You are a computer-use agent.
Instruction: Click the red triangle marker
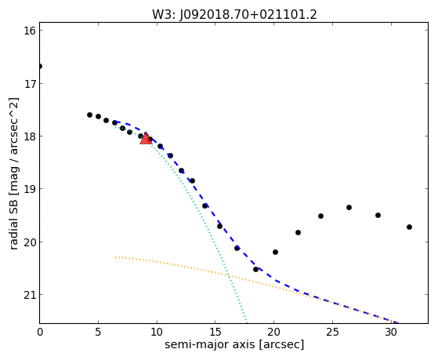pyautogui.click(x=146, y=139)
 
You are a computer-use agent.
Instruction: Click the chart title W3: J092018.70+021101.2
pyautogui.click(x=234, y=15)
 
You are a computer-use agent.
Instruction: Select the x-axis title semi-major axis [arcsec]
pyautogui.click(x=234, y=344)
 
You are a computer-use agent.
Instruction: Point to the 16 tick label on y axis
pyautogui.click(x=30, y=31)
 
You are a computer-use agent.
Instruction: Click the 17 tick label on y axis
pyautogui.click(x=30, y=83)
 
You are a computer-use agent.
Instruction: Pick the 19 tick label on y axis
pyautogui.click(x=30, y=189)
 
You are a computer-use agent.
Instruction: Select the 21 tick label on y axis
pyautogui.click(x=30, y=295)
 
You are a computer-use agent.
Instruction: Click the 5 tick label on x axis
pyautogui.click(x=98, y=332)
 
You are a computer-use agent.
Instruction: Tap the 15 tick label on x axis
pyautogui.click(x=215, y=332)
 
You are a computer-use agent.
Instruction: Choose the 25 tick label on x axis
pyautogui.click(x=332, y=332)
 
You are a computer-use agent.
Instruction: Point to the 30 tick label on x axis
pyautogui.click(x=391, y=332)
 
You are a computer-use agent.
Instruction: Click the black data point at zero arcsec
pyautogui.click(x=40, y=67)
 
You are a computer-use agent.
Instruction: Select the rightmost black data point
pyautogui.click(x=409, y=227)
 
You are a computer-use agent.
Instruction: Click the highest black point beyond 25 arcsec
pyautogui.click(x=349, y=207)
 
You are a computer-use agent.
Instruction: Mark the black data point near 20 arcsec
pyautogui.click(x=275, y=252)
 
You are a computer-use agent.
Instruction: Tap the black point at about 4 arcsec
pyautogui.click(x=89, y=115)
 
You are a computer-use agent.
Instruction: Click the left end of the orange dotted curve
pyautogui.click(x=115, y=256)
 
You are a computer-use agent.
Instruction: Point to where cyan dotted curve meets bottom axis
pyautogui.click(x=247, y=322)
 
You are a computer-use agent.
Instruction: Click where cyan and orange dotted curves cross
pyautogui.click(x=229, y=276)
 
